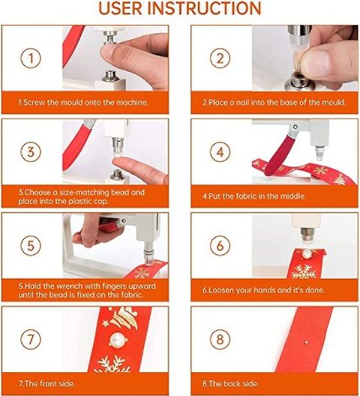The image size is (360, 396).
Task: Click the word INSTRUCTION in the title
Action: (204, 8)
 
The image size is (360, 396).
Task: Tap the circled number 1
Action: (31, 58)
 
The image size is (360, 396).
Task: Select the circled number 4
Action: (220, 152)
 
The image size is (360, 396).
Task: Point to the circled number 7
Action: (31, 339)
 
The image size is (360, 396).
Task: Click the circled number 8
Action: (220, 339)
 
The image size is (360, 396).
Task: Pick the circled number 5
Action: (31, 245)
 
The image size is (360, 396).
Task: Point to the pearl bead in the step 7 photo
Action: (118, 339)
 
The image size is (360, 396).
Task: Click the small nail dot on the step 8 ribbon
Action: (307, 342)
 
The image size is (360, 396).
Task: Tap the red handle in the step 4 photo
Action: (280, 155)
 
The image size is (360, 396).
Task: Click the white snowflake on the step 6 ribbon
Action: (304, 271)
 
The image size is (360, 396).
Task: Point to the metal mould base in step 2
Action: (300, 82)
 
